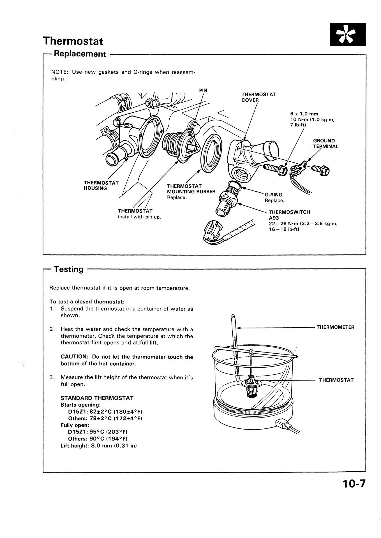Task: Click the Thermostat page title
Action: (73, 41)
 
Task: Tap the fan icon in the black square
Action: (348, 35)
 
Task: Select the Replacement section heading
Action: (80, 54)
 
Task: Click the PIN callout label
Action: (203, 90)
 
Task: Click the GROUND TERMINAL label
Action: (325, 143)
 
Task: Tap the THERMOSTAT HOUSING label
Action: (101, 185)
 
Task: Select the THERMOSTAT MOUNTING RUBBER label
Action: (191, 189)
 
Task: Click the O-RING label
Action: (273, 195)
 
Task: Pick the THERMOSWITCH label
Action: (289, 212)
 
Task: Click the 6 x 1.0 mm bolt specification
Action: (304, 114)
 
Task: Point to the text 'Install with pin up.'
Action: (139, 217)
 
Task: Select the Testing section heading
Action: (68, 269)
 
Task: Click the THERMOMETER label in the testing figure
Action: (335, 327)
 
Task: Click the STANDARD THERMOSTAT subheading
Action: (97, 398)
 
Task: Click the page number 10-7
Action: (354, 484)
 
